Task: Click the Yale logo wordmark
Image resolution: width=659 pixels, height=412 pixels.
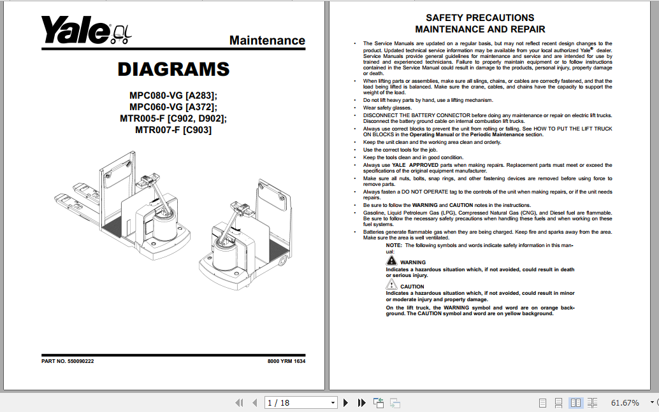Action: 76,30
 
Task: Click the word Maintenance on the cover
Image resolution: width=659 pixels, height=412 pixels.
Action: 267,41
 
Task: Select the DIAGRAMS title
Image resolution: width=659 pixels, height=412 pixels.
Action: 173,69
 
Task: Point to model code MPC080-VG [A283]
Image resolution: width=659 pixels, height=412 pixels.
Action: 173,96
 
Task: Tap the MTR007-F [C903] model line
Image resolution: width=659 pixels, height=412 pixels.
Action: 173,131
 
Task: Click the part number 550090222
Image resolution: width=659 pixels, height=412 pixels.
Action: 81,362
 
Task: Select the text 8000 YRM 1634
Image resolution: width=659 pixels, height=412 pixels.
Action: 286,362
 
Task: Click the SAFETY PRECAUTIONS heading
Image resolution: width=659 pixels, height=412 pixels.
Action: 480,18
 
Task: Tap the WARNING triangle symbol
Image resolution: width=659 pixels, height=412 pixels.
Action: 391,261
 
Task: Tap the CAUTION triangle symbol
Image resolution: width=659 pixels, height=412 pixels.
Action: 391,285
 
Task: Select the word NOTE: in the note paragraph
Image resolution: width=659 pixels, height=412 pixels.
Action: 394,245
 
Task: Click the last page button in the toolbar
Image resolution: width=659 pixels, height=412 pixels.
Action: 362,402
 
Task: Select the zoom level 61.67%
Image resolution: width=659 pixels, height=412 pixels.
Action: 625,402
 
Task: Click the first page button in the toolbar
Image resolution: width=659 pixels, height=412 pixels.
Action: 240,402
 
